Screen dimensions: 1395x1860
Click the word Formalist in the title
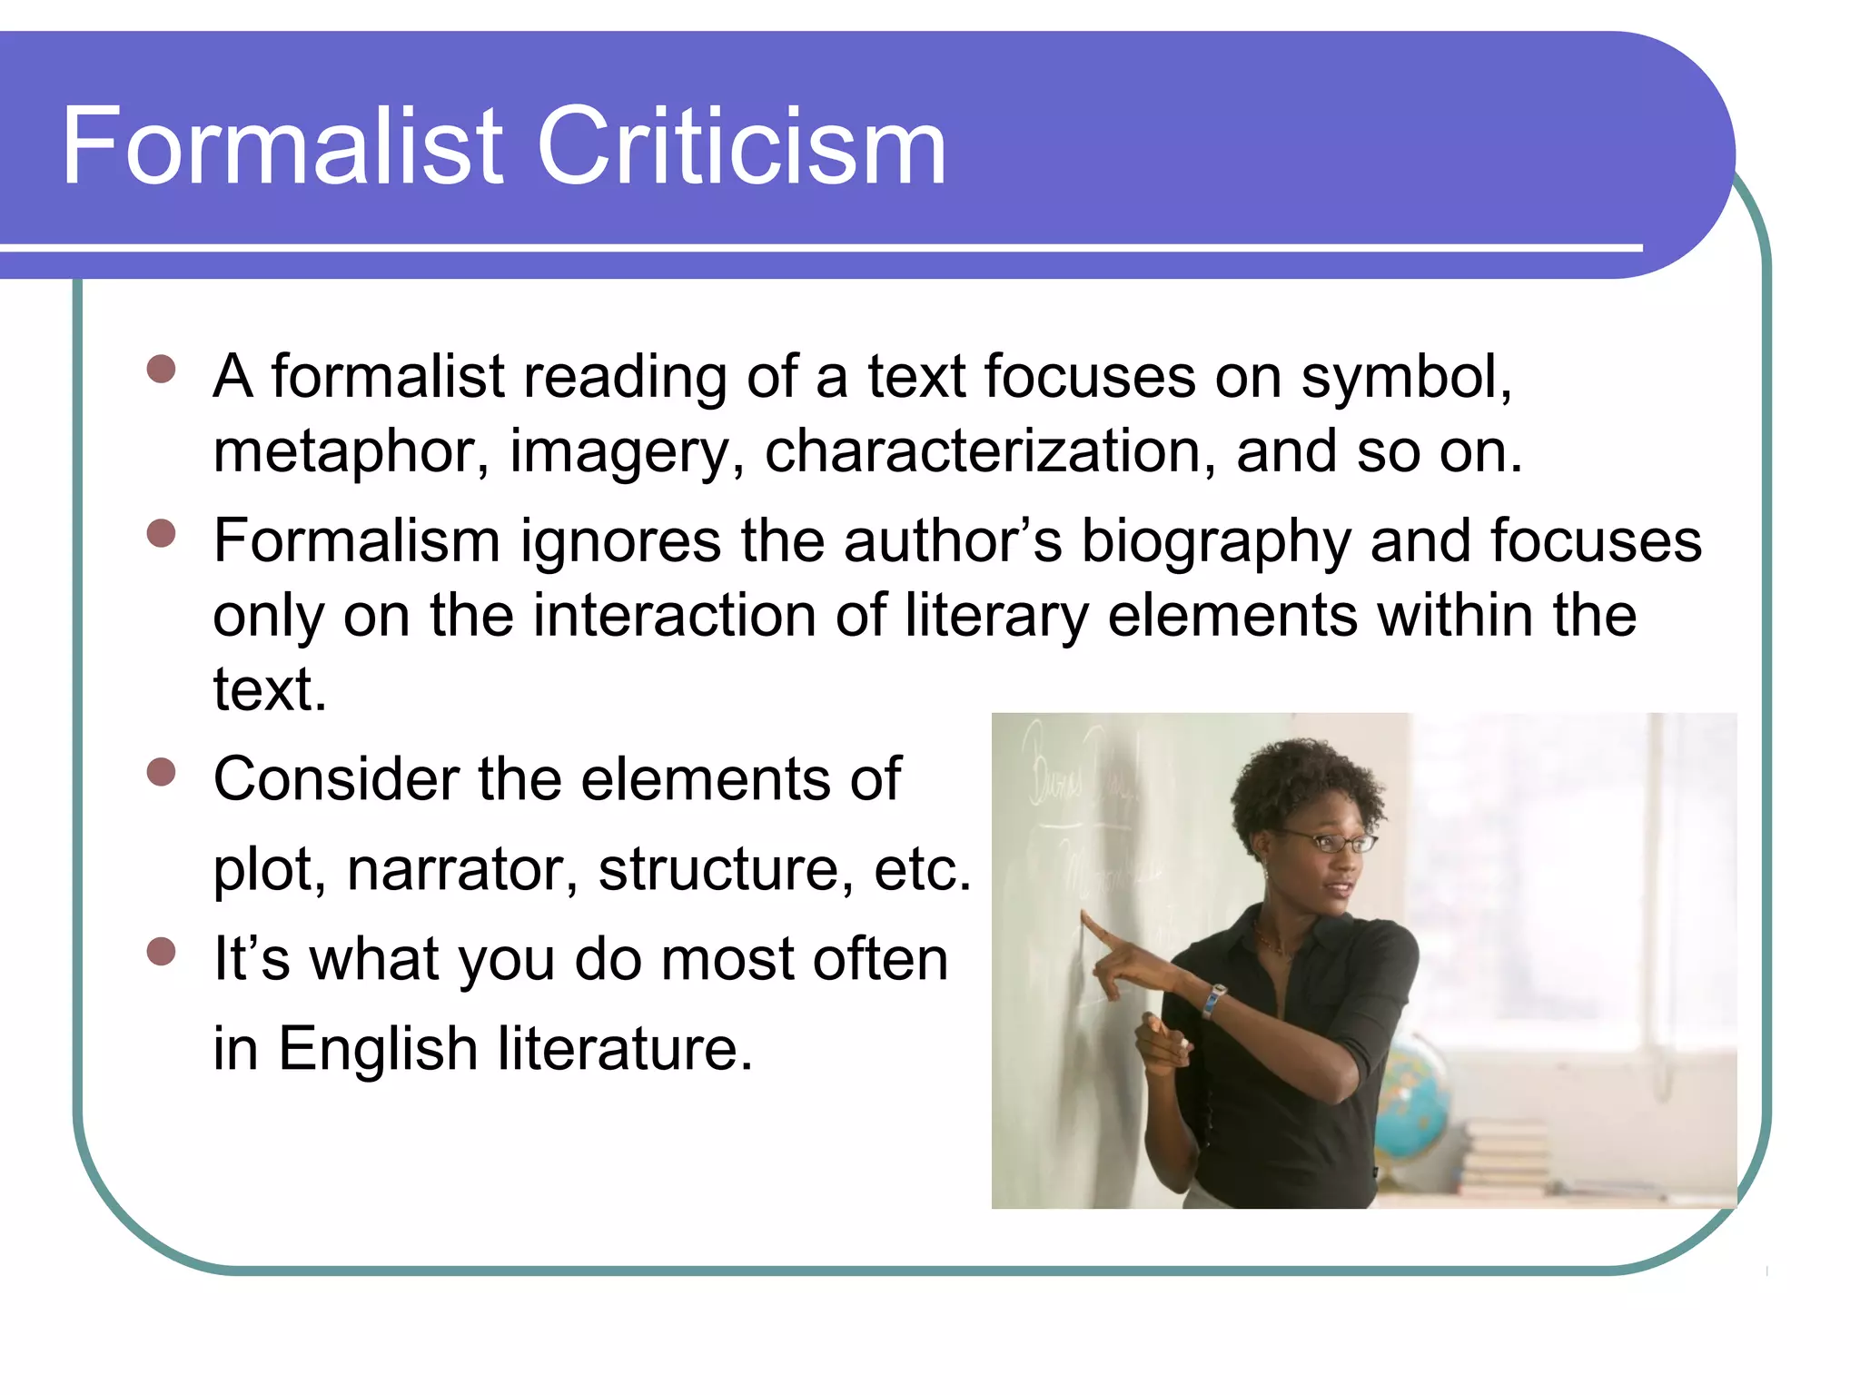[282, 147]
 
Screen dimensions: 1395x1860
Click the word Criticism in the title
[742, 147]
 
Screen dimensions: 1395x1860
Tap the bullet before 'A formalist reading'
[161, 370]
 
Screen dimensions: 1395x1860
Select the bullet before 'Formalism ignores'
[161, 533]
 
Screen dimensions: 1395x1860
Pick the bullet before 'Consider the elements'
[161, 772]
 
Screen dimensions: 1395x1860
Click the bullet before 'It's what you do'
[161, 952]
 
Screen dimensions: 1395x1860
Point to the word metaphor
[344, 452]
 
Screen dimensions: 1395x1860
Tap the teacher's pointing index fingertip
[1084, 917]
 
